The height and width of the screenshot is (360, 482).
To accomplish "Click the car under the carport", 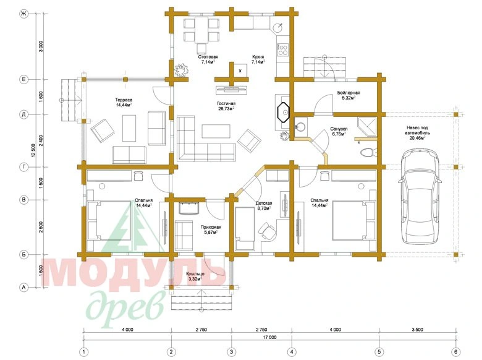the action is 420,197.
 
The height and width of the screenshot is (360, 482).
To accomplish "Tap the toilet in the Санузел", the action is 368,152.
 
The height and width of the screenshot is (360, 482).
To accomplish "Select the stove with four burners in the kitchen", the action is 283,50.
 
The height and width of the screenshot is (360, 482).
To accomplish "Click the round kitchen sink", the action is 279,28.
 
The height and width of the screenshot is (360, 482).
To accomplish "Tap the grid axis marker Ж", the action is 23,14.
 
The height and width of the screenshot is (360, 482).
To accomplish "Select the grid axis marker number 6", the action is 456,352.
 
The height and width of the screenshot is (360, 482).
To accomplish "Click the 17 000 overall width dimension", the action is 269,337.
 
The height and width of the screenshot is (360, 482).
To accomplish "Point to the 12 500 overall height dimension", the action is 33,150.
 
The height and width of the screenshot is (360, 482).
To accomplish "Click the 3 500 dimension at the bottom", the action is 417,330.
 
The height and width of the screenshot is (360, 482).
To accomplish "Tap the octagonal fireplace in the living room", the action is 284,112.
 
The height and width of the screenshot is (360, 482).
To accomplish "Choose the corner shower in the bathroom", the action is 366,126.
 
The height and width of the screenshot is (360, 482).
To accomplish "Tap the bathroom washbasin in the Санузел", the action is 300,126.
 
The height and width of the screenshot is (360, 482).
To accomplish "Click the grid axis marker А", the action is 23,288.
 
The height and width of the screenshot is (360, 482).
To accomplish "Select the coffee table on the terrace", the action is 129,128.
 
